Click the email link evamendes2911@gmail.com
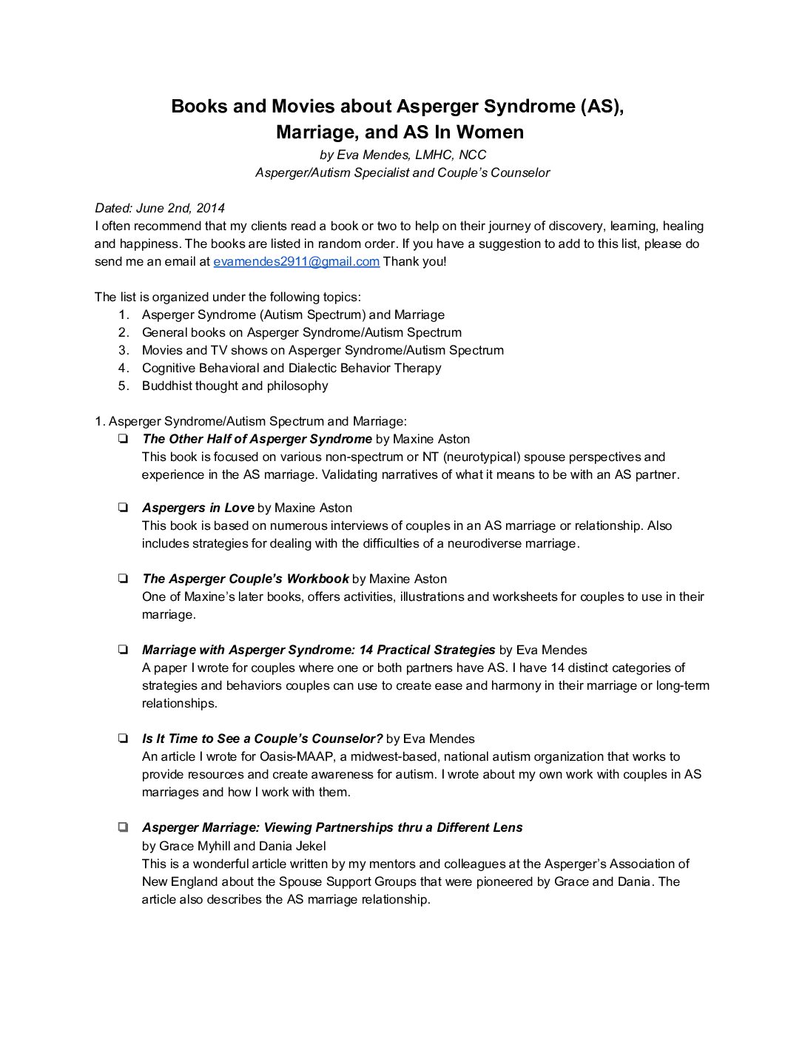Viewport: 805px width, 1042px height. pos(296,261)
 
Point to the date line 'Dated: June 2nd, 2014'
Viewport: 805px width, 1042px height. pos(160,208)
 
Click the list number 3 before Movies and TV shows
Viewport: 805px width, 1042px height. pos(124,350)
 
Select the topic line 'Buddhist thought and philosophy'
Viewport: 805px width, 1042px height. pos(235,386)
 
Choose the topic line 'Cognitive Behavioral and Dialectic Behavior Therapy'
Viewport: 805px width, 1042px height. pos(292,368)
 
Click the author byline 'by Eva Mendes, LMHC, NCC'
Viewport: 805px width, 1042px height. pos(402,155)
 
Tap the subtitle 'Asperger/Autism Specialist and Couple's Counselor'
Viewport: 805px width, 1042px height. pos(402,172)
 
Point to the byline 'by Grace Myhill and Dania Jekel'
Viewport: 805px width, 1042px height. pos(234,846)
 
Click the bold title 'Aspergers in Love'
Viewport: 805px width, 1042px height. pos(198,508)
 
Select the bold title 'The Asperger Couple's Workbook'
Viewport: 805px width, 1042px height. pos(245,579)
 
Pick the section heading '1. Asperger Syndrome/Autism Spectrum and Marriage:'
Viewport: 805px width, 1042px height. pos(250,421)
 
